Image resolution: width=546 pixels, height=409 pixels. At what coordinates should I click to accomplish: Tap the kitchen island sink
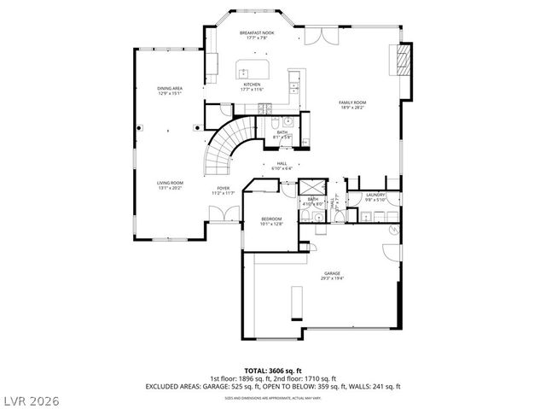click(x=243, y=73)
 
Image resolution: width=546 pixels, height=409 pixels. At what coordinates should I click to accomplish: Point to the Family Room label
click(x=353, y=104)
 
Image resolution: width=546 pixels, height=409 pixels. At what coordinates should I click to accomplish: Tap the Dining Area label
click(x=169, y=91)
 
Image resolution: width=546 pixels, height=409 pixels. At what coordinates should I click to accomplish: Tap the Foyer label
click(x=223, y=190)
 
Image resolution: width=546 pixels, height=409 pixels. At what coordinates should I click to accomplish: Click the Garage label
click(x=332, y=276)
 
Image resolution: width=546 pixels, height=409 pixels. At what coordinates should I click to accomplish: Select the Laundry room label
click(x=376, y=197)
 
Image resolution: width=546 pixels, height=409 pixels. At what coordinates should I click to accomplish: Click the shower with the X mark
click(x=311, y=189)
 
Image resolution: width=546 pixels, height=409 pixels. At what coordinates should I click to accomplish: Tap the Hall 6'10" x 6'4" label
click(x=282, y=167)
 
